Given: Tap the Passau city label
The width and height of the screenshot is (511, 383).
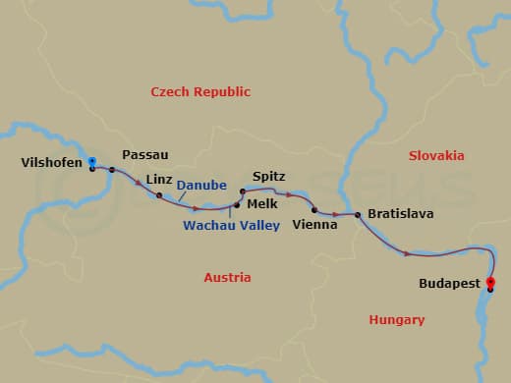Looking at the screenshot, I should pos(145,155).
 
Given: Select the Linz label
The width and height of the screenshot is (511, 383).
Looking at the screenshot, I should pos(158,179).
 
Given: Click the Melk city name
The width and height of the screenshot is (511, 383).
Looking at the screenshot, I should pos(261,203).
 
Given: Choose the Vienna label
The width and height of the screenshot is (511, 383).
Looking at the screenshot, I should pos(314,224).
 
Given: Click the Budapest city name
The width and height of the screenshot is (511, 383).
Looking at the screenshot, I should pos(451,283).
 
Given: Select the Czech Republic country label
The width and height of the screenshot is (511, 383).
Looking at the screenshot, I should pos(200,91).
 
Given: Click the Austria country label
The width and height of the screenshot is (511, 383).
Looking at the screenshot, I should pos(227,278).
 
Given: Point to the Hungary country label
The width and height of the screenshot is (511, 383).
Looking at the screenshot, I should pos(396,320).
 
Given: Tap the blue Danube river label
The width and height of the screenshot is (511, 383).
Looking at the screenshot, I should pos(203,185).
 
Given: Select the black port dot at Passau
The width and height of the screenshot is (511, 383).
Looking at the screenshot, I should pos(112,170).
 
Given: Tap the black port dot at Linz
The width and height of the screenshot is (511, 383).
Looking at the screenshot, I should pos(159,195).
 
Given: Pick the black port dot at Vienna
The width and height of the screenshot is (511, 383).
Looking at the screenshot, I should pos(313,210).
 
